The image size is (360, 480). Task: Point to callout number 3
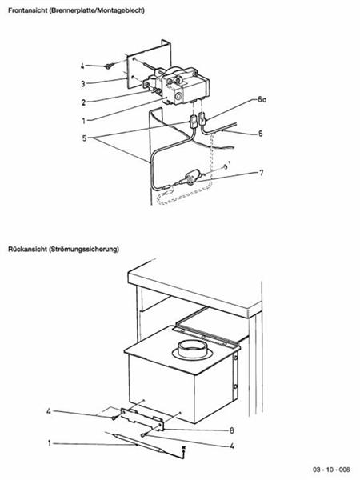82,82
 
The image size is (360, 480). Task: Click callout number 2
82,102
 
